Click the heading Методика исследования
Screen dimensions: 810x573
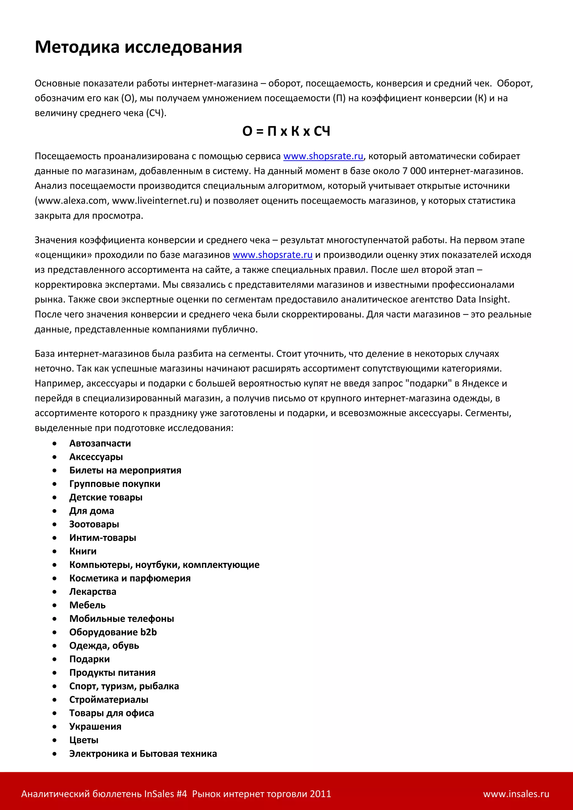pos(138,47)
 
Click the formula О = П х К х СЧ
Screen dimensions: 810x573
pos(286,131)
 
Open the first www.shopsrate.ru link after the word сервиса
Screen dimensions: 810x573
pos(323,156)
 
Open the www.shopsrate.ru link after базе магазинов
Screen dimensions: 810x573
pos(273,255)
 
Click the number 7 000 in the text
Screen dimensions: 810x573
pos(414,171)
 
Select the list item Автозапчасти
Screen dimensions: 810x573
pos(100,443)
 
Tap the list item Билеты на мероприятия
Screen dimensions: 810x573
pos(125,470)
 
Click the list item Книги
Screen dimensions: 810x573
pos(83,551)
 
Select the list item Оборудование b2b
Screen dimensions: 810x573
pos(113,632)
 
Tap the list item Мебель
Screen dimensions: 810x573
pos(88,605)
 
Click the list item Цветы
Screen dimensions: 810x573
pos(84,740)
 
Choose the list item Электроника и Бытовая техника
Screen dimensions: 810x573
pos(143,754)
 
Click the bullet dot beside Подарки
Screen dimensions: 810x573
pos(54,659)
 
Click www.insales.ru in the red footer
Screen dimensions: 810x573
pos(516,794)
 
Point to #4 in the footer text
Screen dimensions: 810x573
pos(181,794)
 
